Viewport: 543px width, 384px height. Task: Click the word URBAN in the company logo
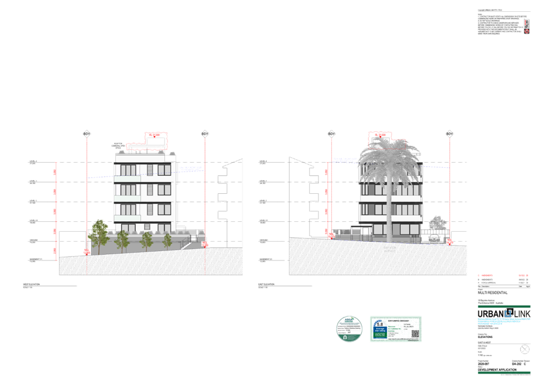pyautogui.click(x=490, y=314)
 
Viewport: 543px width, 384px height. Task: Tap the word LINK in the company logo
pyautogui.click(x=522, y=314)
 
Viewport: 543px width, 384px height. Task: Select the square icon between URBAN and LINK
pyautogui.click(x=509, y=313)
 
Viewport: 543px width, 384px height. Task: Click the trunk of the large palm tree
pyautogui.click(x=389, y=211)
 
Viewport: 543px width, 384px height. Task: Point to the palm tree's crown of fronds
pyautogui.click(x=389, y=158)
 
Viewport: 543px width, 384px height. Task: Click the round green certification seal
pyautogui.click(x=349, y=328)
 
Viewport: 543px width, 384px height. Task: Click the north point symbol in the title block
pyautogui.click(x=525, y=349)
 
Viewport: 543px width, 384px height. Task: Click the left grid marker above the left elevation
pyautogui.click(x=87, y=134)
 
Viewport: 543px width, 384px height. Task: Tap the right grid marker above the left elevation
pyautogui.click(x=204, y=134)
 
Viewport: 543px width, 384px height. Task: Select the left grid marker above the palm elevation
pyautogui.click(x=331, y=134)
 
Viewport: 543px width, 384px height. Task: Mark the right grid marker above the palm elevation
pyautogui.click(x=449, y=134)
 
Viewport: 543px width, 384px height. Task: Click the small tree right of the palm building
pyautogui.click(x=438, y=223)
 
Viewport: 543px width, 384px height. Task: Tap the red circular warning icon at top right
pyautogui.click(x=527, y=30)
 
